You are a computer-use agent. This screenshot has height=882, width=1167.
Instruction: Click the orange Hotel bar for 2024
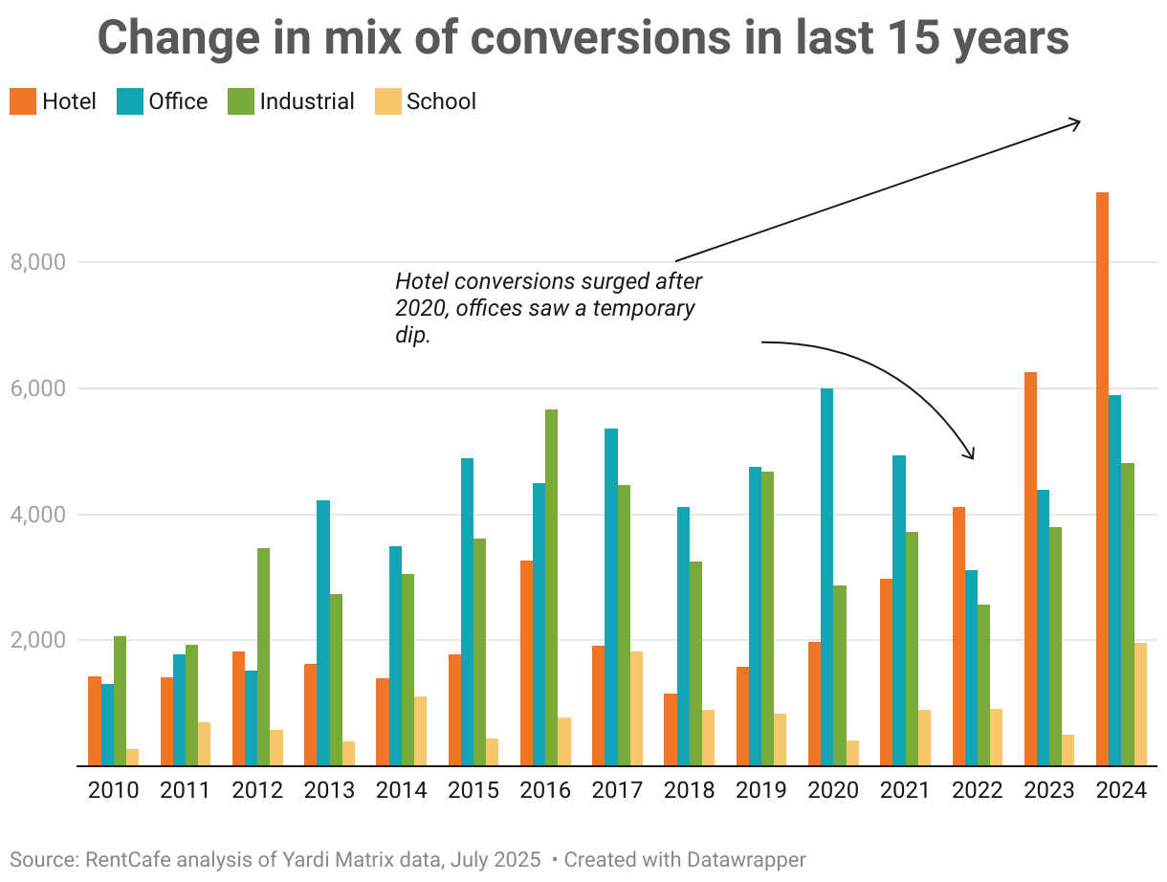coord(1102,478)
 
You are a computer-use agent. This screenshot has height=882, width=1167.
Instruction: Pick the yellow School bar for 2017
coord(636,708)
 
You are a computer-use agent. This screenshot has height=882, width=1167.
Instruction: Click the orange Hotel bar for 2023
coord(1030,568)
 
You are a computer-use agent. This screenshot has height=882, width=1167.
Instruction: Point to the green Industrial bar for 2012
coord(263,656)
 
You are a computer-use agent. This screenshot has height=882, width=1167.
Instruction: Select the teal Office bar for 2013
coord(322,632)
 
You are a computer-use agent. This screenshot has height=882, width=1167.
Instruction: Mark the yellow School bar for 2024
coord(1139,704)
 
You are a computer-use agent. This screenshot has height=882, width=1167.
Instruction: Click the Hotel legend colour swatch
coord(23,101)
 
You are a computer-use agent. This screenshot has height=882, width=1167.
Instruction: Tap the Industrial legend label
coord(306,101)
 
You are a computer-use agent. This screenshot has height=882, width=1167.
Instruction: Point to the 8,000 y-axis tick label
coord(36,262)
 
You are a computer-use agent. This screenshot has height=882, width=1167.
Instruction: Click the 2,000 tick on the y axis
coord(36,640)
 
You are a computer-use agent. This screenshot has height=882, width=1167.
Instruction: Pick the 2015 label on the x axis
coord(473,791)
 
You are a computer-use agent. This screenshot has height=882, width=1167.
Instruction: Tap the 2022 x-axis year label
coord(977,791)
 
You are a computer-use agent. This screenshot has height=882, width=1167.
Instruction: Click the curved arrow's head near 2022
coord(972,456)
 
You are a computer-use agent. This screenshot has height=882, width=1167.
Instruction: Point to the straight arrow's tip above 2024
coord(1078,121)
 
